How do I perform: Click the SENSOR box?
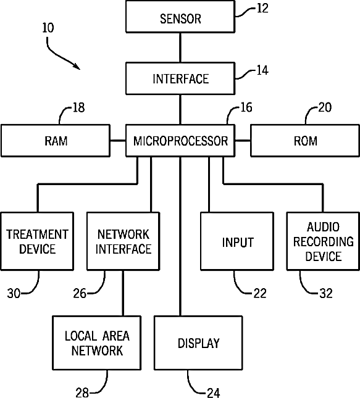tap(180, 17)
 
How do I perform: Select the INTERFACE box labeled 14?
tap(180, 79)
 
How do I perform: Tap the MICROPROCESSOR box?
tap(180, 141)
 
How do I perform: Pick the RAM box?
tap(56, 141)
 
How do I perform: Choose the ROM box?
tap(305, 141)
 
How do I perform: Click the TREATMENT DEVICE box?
tap(37, 241)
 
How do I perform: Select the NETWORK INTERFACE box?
tap(123, 241)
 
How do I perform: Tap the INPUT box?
tap(237, 241)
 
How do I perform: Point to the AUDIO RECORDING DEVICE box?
tap(324, 241)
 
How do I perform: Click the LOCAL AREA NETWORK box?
tap(96, 343)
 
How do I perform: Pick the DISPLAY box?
tap(198, 343)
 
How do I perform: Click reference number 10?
tap(48, 28)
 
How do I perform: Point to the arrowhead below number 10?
tap(77, 67)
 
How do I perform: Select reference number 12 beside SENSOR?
tap(262, 9)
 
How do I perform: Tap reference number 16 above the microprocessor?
tap(246, 107)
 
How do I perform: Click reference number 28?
tap(82, 392)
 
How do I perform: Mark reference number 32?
tap(326, 294)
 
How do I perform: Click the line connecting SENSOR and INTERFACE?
tap(180, 48)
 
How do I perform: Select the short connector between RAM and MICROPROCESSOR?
tap(118, 141)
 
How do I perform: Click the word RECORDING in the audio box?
tap(324, 242)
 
